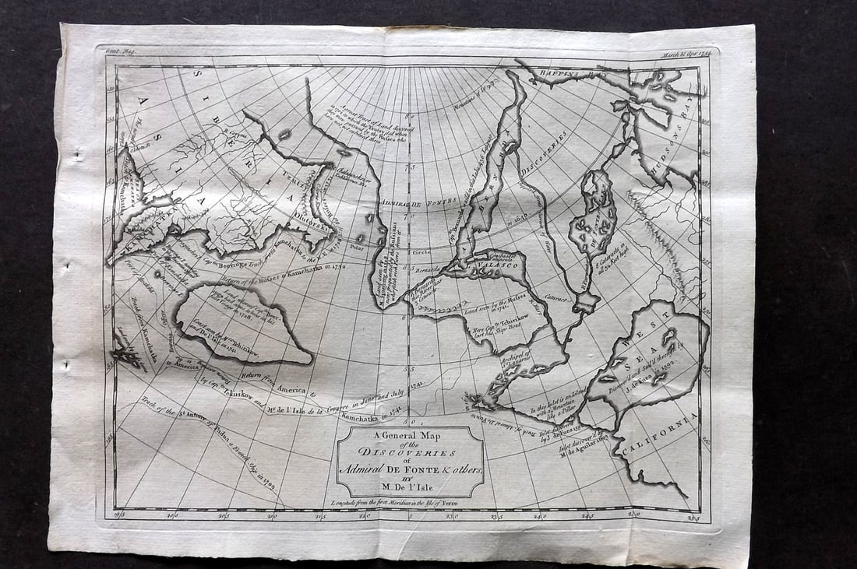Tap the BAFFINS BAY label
[563, 76]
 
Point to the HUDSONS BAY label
[683, 125]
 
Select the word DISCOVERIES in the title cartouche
[411, 453]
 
